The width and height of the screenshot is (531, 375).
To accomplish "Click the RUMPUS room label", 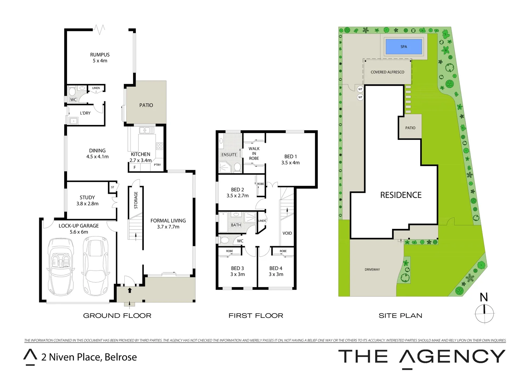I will (x=100, y=55).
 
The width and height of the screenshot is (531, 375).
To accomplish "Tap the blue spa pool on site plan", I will (x=404, y=47).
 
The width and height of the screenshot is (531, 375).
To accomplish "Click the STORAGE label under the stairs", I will (x=136, y=200).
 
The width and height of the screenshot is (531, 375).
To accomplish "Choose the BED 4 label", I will (x=276, y=268).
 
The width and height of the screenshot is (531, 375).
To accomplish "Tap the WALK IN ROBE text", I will (x=254, y=153).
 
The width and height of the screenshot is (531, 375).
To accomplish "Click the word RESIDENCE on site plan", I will (x=401, y=195).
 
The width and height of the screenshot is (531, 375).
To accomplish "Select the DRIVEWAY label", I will (x=372, y=269).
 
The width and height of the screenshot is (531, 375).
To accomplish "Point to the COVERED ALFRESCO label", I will (x=387, y=72).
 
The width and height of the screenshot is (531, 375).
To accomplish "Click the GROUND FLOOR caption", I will (x=117, y=316).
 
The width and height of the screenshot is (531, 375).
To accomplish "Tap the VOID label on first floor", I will (x=287, y=233).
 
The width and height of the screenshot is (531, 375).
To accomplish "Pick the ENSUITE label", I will (x=229, y=155).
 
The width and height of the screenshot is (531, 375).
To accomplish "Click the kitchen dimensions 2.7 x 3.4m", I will (x=140, y=160).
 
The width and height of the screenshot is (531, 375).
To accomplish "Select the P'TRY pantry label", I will (x=157, y=165).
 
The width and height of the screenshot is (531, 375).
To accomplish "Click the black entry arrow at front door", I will (x=130, y=290).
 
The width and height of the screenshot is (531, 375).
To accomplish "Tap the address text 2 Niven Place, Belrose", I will (x=89, y=357).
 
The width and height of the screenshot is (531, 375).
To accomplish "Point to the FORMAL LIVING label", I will (x=168, y=221).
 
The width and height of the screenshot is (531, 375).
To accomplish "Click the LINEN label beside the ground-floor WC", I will (x=96, y=88).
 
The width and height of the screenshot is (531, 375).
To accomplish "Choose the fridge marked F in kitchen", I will (x=135, y=167).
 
